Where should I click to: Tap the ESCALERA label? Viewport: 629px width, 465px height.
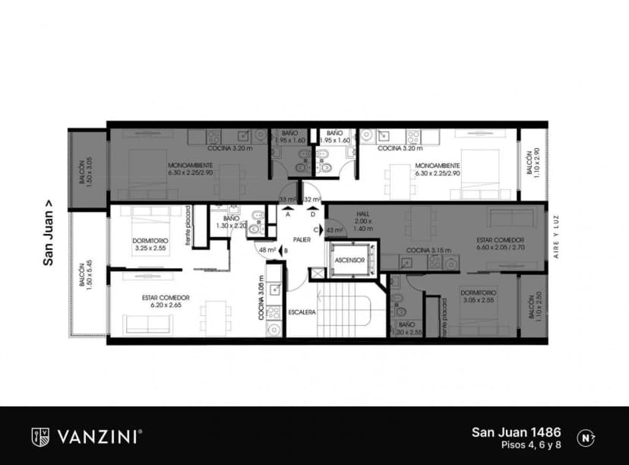coord(302,312)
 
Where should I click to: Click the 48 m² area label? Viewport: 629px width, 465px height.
coord(267,250)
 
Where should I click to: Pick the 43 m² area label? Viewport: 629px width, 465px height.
coord(334,229)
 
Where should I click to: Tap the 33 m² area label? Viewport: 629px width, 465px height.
coord(287,200)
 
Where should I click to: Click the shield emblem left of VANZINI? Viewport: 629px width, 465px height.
coord(40,436)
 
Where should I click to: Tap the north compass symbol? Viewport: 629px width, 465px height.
coord(586,437)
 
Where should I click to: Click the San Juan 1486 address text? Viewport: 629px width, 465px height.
coord(517,432)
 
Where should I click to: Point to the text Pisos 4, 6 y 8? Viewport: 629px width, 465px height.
coord(531,445)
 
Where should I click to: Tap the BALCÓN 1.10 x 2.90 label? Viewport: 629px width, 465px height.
coord(531,163)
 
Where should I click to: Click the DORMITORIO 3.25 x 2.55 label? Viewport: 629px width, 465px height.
coord(149,244)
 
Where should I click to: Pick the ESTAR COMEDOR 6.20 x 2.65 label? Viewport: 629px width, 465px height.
coord(165,301)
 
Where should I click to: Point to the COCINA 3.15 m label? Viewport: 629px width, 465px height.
coord(428,250)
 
